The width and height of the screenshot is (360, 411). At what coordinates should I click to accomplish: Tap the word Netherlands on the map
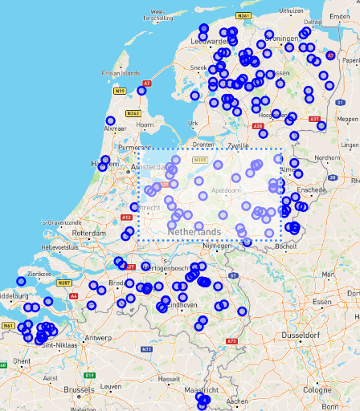194,232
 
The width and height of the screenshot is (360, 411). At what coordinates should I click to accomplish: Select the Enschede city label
310,189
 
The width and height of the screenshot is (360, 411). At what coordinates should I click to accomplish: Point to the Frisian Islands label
99,73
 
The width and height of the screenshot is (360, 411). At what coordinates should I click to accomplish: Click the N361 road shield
245,16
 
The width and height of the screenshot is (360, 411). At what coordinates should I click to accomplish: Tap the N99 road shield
120,92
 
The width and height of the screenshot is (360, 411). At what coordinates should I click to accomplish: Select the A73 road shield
232,341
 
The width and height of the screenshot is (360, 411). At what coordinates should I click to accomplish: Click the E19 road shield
90,375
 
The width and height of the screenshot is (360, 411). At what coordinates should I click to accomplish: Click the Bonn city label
331,409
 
